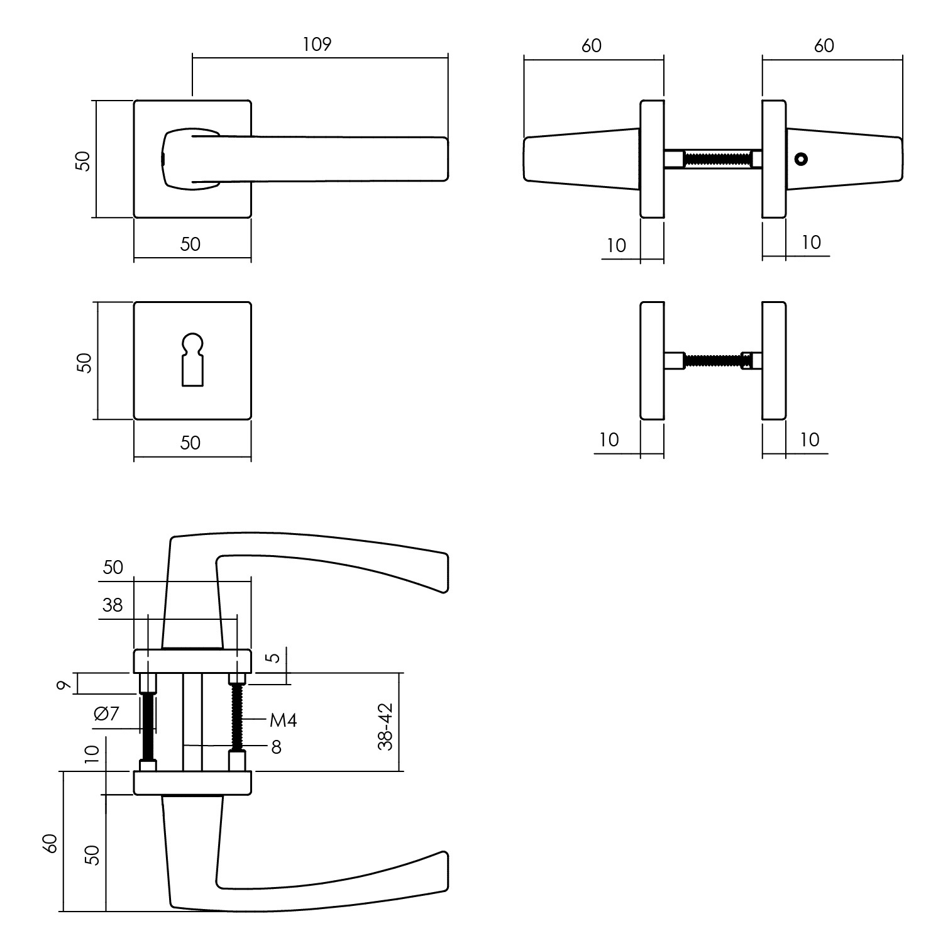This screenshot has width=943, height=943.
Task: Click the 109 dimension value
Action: [x=317, y=45]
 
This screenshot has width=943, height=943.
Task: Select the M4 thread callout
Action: [x=283, y=720]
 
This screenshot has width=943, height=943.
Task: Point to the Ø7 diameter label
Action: [x=106, y=714]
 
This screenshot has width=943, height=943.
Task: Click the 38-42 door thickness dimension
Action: [x=385, y=726]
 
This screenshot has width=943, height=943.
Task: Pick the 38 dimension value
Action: [x=113, y=605]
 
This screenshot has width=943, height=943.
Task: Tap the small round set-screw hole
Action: [x=800, y=159]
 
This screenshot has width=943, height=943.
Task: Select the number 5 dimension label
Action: [x=272, y=658]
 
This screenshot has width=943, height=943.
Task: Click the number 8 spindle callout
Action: [x=276, y=747]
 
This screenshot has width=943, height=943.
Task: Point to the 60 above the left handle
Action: [x=592, y=45]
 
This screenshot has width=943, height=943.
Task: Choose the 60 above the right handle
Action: [x=824, y=45]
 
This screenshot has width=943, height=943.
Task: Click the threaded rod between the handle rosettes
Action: [x=717, y=159]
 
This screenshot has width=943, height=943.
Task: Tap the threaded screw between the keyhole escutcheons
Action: [x=712, y=361]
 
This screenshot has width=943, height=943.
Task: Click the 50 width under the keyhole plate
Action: [x=190, y=443]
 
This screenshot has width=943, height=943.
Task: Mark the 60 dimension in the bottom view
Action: [x=52, y=843]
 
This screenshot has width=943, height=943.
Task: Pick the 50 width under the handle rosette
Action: [x=190, y=243]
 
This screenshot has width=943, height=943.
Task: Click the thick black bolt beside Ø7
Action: [x=149, y=727]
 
